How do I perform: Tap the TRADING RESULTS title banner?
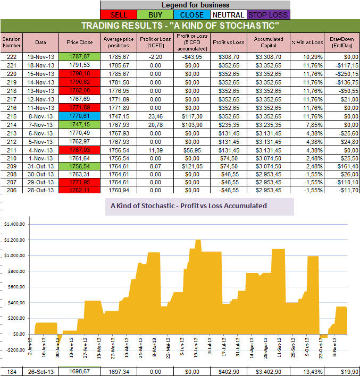pyautogui.click(x=180, y=26)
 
